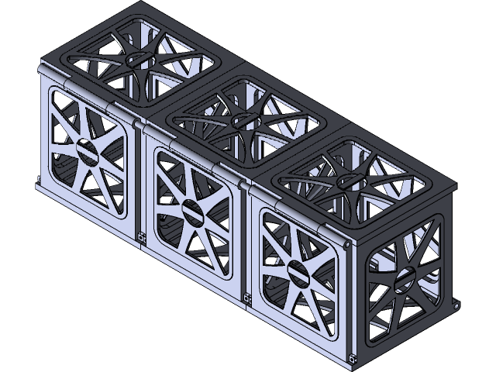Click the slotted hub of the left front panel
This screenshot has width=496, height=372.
[88, 150]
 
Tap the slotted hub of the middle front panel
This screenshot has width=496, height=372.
[191, 208]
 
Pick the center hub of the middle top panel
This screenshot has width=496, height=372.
[242, 119]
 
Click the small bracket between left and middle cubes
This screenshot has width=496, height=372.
[141, 237]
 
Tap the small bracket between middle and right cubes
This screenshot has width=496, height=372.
[246, 297]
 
